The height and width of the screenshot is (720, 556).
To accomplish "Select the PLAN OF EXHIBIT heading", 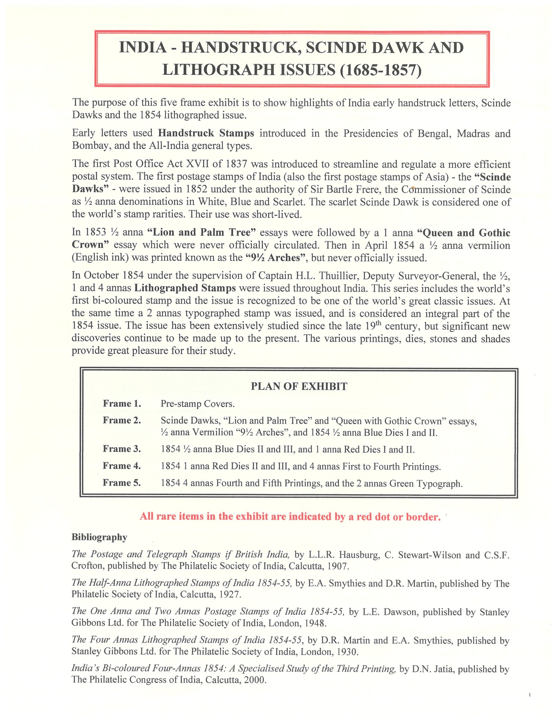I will [x=299, y=386].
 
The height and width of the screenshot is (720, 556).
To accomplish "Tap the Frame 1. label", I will [x=122, y=404].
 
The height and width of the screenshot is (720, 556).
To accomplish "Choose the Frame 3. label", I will [x=122, y=449].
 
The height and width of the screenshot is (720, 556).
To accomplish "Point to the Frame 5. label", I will [x=122, y=483].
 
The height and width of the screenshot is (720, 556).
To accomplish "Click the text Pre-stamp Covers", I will [x=198, y=404].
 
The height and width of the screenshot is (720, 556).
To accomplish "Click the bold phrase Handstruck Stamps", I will [x=206, y=133].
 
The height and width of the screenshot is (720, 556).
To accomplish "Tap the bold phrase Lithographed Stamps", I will [x=185, y=288].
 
